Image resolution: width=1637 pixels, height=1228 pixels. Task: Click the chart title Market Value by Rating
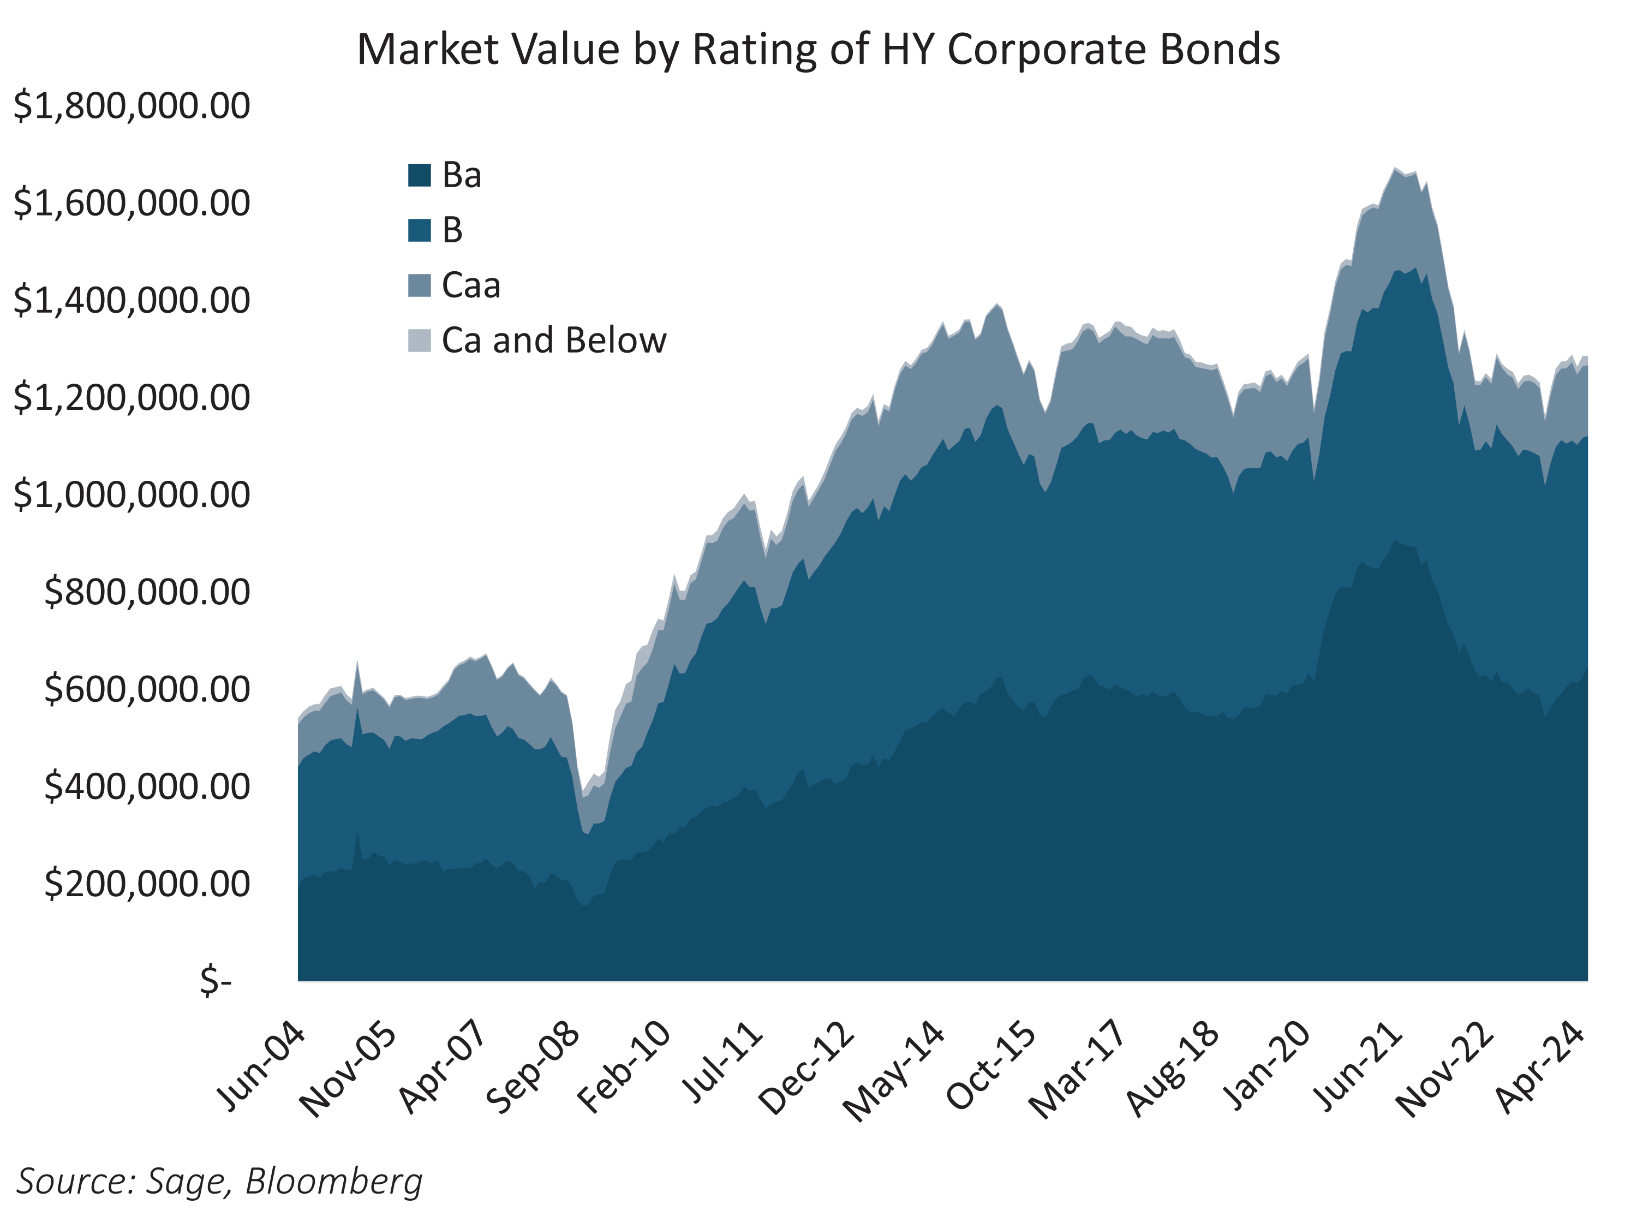(x=818, y=50)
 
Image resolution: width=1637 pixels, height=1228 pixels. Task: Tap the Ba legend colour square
(x=419, y=175)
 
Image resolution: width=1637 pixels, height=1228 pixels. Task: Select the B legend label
(x=452, y=230)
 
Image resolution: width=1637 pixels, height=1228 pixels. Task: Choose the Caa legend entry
(x=471, y=285)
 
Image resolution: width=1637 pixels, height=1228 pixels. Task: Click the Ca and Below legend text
(x=553, y=341)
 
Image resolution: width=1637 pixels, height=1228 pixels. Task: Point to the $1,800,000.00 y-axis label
(x=132, y=106)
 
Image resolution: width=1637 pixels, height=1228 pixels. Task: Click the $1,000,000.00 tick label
(x=132, y=494)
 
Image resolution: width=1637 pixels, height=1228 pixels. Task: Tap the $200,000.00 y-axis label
(x=147, y=884)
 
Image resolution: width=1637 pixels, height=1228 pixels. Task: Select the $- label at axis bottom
(x=216, y=981)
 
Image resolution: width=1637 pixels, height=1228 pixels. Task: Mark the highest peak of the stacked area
(x=1394, y=169)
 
